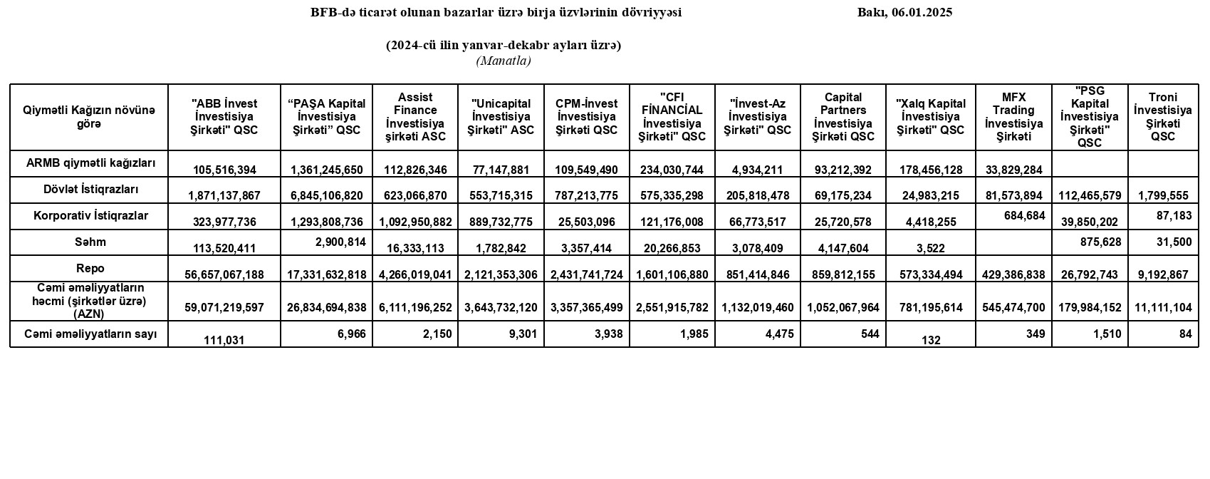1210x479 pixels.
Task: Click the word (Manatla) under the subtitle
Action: pyautogui.click(x=504, y=61)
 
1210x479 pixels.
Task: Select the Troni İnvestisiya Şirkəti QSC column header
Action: pyautogui.click(x=1163, y=116)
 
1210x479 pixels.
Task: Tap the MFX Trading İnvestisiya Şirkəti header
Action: pyautogui.click(x=1013, y=116)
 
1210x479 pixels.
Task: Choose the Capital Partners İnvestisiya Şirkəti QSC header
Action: pyautogui.click(x=843, y=116)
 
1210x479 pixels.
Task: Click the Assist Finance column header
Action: pyautogui.click(x=415, y=116)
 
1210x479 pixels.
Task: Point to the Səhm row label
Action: pyautogui.click(x=90, y=242)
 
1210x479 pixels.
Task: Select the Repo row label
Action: pyautogui.click(x=90, y=268)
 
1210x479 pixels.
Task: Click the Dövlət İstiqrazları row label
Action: pyautogui.click(x=90, y=190)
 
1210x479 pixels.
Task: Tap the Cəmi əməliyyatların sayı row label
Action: pyautogui.click(x=90, y=334)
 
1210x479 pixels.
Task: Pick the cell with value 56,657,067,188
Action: pyautogui.click(x=224, y=274)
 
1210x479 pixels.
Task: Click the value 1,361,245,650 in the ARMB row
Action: pyautogui.click(x=327, y=170)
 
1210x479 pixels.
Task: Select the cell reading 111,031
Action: pyautogui.click(x=224, y=341)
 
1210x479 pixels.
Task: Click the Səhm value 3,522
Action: pyautogui.click(x=931, y=248)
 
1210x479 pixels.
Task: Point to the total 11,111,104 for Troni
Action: pyautogui.click(x=1163, y=307)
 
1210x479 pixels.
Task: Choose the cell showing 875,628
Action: pyautogui.click(x=1099, y=242)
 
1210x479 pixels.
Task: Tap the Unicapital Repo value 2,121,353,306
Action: pyautogui.click(x=501, y=274)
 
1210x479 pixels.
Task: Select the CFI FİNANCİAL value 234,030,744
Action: pyautogui.click(x=672, y=170)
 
